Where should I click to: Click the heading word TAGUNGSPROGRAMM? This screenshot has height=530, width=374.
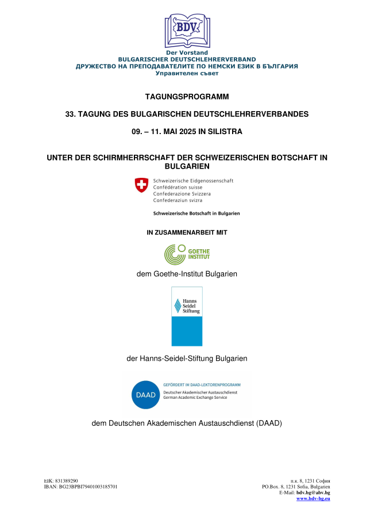187,96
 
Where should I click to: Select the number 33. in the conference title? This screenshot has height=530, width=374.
73,114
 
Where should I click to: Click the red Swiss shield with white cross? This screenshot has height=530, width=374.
141,185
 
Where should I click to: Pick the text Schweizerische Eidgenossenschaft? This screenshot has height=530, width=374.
193,181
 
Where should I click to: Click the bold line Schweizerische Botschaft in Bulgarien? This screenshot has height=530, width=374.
196,213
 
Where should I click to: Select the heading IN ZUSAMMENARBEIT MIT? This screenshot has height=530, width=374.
187,233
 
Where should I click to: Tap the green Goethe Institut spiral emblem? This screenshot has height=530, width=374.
175,254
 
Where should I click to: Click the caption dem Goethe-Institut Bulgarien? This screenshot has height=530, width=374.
187,274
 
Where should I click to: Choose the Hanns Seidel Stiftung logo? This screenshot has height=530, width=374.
187,316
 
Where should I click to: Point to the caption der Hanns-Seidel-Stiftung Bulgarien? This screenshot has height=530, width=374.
187,359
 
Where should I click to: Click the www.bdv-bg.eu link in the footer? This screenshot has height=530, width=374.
313,498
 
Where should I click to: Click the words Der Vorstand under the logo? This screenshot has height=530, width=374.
187,53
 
